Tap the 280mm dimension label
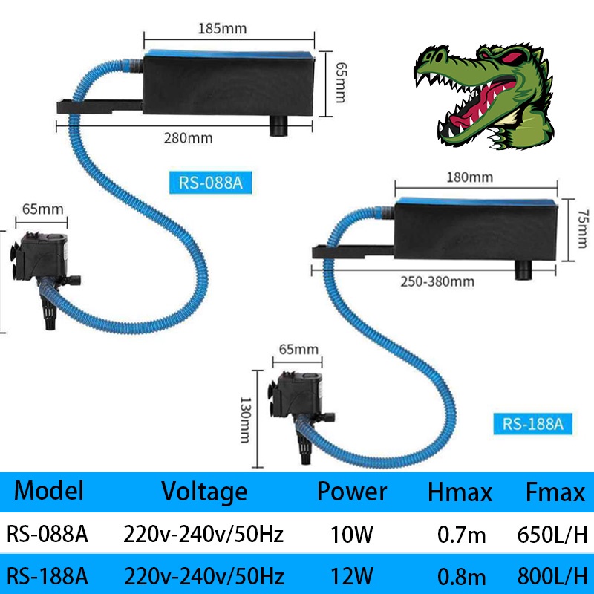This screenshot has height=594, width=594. click(189, 138)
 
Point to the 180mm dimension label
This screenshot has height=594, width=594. click(470, 177)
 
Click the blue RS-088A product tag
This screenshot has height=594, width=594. click(210, 182)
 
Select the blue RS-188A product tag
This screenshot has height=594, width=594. click(533, 424)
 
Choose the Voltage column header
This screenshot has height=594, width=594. click(204, 492)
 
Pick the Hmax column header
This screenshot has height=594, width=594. click(460, 492)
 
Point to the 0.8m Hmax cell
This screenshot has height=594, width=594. click(460, 575)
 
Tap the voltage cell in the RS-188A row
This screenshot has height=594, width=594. click(204, 575)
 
